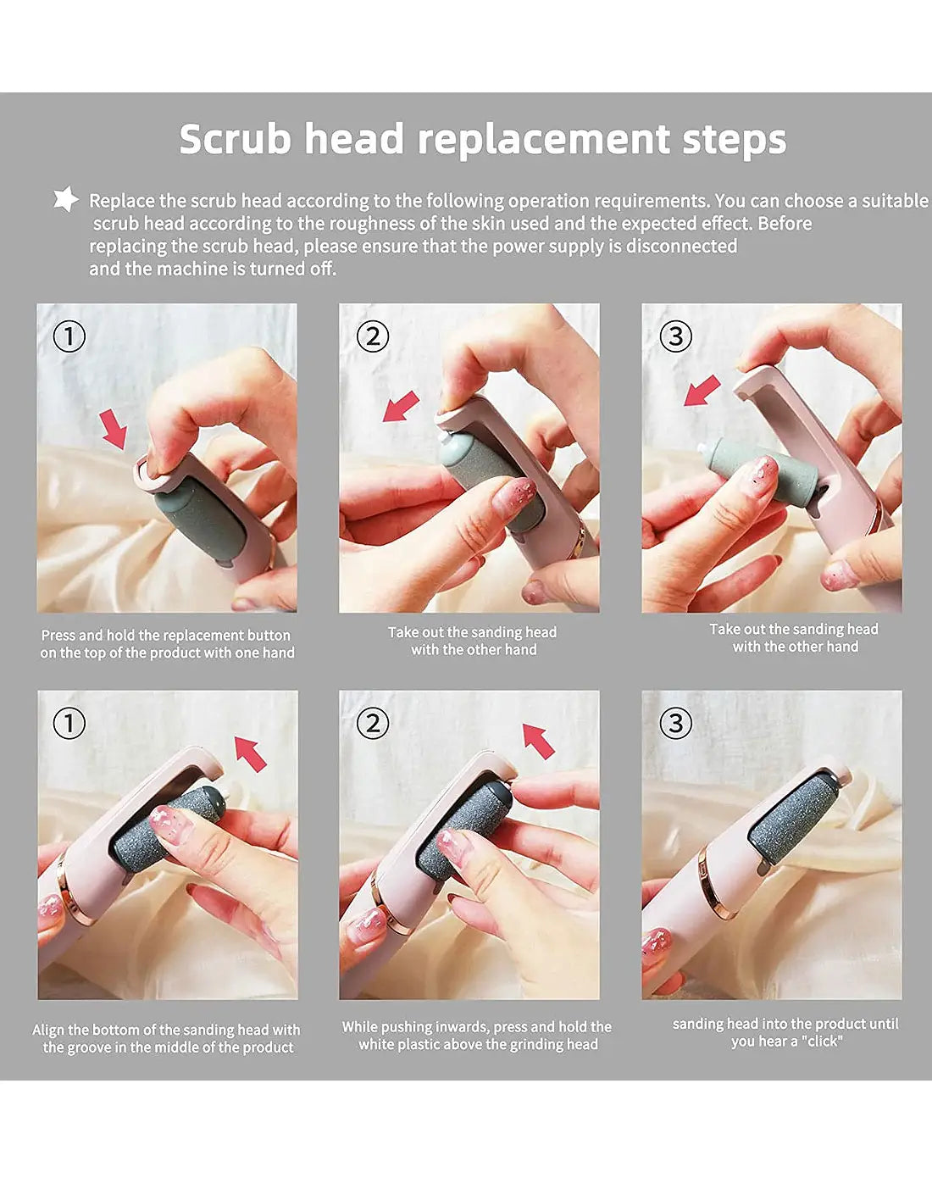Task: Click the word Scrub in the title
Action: [236, 139]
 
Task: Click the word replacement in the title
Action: [544, 142]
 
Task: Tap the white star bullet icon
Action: [66, 198]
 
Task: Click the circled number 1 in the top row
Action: [69, 336]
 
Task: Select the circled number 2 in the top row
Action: [373, 336]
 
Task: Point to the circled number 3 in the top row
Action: [676, 336]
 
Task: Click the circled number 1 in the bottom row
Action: [69, 724]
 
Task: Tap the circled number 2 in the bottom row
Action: [373, 724]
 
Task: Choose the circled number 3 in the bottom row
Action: [676, 724]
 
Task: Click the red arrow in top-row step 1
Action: [114, 430]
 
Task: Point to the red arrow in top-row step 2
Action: [401, 407]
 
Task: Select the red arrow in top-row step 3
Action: [702, 391]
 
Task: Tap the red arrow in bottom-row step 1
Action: [251, 753]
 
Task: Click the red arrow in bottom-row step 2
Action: [538, 741]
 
